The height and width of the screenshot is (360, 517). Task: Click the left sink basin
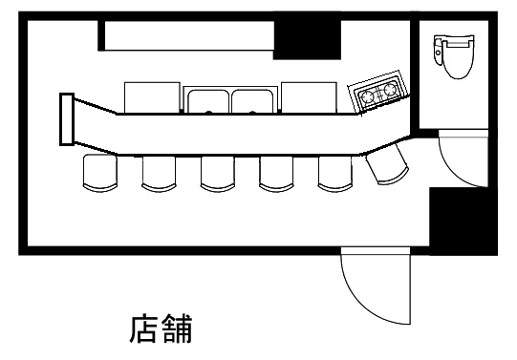click(x=205, y=99)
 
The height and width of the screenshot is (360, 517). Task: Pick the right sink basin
click(x=252, y=99)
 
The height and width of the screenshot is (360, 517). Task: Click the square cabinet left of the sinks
click(x=152, y=96)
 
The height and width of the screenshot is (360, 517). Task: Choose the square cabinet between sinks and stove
click(x=308, y=96)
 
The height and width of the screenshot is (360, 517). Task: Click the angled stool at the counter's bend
click(x=387, y=165)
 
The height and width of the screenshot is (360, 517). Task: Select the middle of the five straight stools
click(x=218, y=173)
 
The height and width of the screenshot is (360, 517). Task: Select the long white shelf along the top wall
click(x=188, y=35)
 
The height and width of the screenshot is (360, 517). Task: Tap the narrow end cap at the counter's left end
click(x=66, y=119)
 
